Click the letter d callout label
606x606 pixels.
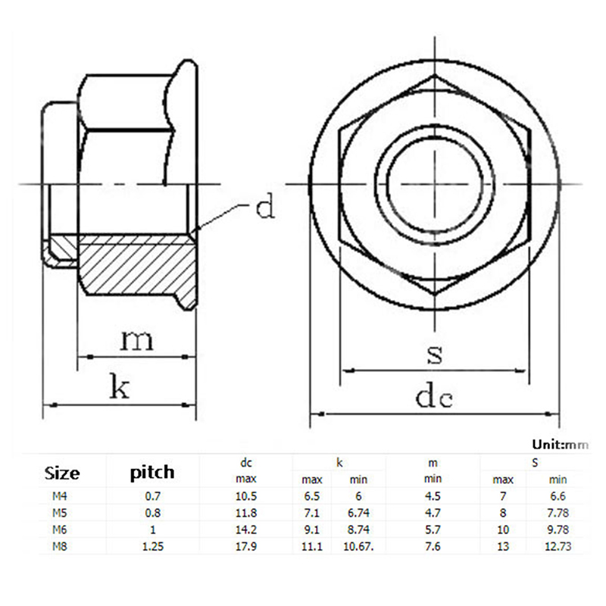(x=266, y=206)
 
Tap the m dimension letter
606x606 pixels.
(x=137, y=339)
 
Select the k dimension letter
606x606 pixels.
(x=120, y=386)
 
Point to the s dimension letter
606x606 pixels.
(x=435, y=355)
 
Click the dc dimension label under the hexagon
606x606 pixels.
(x=434, y=397)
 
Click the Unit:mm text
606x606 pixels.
(x=560, y=445)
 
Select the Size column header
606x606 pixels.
(x=62, y=473)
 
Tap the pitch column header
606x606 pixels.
(x=152, y=473)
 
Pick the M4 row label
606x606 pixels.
(x=60, y=496)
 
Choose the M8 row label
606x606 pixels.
(x=60, y=546)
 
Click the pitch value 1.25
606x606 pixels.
(x=153, y=546)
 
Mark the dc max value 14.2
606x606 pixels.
(x=246, y=529)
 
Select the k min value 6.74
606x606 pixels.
(x=358, y=513)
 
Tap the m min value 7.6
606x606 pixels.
(x=433, y=546)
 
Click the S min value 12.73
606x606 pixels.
(x=558, y=546)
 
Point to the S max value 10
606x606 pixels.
(x=503, y=529)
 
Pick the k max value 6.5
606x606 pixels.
(x=312, y=496)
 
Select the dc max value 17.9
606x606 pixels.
(x=246, y=546)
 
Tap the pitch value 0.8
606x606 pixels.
(x=153, y=513)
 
